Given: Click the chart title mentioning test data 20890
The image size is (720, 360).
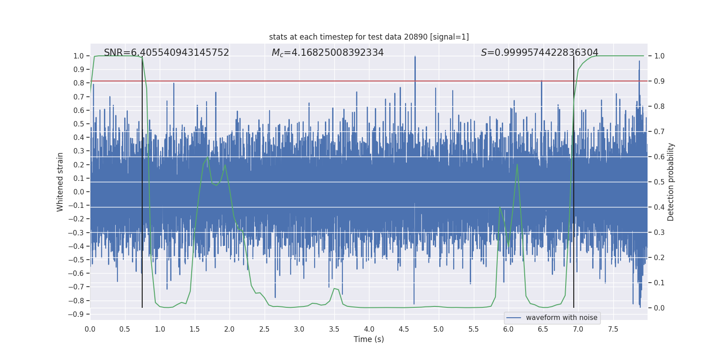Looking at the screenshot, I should [x=369, y=37].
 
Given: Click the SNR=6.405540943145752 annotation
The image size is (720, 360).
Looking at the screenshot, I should [x=166, y=53].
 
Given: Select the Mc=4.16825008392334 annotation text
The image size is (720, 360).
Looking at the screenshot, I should [x=328, y=53].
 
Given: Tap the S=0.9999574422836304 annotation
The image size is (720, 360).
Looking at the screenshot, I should [x=540, y=53].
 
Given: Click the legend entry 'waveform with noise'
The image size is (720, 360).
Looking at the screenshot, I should [x=561, y=318].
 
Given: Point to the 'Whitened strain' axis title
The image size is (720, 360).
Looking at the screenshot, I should [x=60, y=182].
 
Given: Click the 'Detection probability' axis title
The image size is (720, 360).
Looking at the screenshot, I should [x=671, y=182].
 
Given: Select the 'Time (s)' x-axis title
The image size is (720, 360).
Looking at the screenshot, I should [x=369, y=339].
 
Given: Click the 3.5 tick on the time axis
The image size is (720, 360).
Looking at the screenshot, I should [x=334, y=329].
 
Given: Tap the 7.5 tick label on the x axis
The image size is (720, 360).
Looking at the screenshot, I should [x=613, y=329].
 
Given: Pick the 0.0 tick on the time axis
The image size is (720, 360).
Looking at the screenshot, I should [x=90, y=329].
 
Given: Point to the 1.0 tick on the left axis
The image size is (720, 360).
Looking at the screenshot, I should [x=78, y=56].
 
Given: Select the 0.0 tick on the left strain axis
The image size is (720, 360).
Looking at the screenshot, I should [x=78, y=192].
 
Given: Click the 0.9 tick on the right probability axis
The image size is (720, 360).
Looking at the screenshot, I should [x=659, y=81].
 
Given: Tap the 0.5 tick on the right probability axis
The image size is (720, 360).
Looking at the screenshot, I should [x=659, y=182].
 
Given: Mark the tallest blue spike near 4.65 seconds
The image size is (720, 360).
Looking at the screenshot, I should [x=415, y=57].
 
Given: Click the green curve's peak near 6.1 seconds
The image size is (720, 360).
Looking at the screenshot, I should [x=517, y=164].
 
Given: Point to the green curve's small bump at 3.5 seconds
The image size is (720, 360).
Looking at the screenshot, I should [x=334, y=288].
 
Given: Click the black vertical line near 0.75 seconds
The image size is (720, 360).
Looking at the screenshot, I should [x=142, y=180].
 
